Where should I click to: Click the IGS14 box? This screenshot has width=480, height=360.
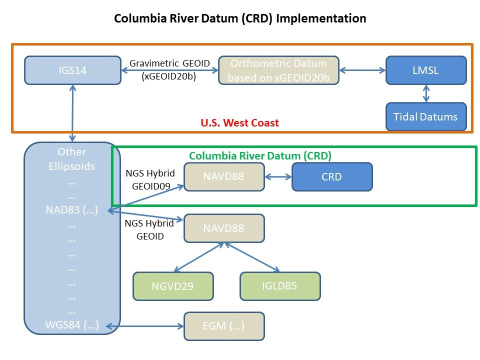click(73, 70)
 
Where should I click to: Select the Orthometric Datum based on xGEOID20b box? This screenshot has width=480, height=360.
click(278, 70)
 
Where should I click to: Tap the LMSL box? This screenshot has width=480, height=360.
click(426, 70)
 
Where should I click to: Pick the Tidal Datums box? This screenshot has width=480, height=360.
click(426, 116)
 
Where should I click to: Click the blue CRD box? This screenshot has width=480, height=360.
click(332, 176)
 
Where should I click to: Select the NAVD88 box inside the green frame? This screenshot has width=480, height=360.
click(224, 176)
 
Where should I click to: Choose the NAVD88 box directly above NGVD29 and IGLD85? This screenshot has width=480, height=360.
click(224, 228)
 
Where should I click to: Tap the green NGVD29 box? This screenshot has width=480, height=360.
click(173, 286)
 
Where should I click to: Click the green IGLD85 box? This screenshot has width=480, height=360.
click(280, 286)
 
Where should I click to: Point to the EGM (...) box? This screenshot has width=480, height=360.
click(224, 326)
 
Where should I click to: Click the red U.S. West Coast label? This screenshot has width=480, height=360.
click(239, 123)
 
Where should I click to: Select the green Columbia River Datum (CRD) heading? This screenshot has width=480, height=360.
click(260, 156)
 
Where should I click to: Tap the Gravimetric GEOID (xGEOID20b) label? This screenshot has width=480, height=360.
click(169, 69)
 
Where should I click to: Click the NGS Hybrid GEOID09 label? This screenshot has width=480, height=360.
click(150, 179)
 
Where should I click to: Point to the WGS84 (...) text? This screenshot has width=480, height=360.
click(72, 325)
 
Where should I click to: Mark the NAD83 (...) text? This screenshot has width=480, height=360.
click(72, 210)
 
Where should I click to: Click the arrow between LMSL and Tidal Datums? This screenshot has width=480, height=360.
click(426, 93)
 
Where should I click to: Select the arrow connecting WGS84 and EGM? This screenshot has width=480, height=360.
click(145, 326)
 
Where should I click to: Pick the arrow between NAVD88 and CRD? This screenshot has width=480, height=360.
click(278, 176)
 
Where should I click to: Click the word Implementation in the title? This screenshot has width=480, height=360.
click(321, 18)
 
